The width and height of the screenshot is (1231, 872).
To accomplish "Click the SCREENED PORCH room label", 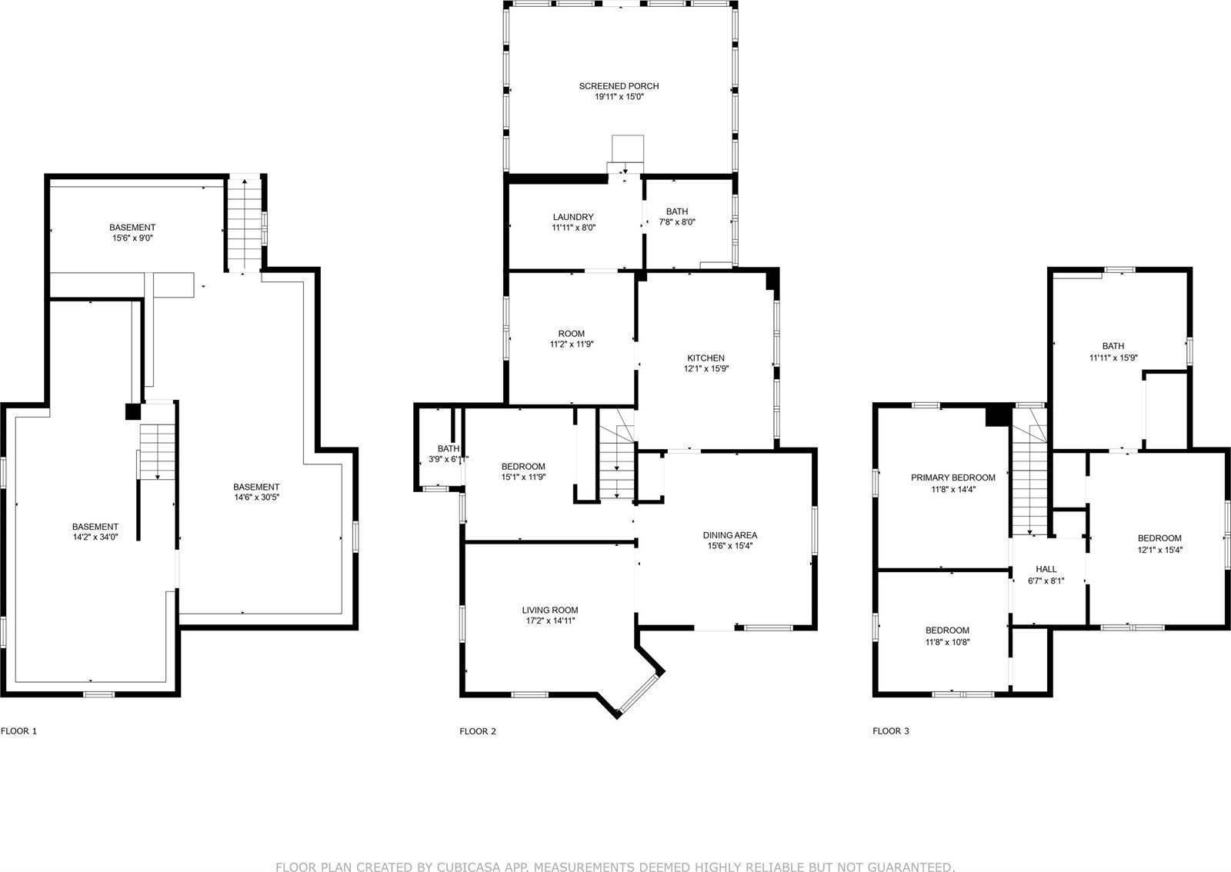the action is tap(619, 86).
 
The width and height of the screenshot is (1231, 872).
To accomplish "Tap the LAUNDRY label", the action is tap(573, 217).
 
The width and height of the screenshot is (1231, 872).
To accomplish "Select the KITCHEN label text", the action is tap(706, 358).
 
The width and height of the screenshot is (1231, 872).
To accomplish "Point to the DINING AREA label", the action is tap(730, 535).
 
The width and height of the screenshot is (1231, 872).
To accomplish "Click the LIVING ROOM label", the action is tap(550, 610).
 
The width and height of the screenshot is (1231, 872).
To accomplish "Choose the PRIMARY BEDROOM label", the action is tap(953, 478).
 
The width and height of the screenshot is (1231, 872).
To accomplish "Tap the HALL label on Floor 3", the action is tap(1046, 570).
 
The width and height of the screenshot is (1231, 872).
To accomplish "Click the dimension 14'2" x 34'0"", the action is tap(95, 537).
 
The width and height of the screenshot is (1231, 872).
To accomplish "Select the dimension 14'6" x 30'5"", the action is tap(257, 498).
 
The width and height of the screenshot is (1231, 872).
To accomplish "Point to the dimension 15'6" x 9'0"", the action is tap(132, 238).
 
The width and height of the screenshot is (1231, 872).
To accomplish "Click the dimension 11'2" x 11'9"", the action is tap(572, 344).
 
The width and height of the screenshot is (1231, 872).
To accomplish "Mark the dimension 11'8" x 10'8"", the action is tap(947, 641).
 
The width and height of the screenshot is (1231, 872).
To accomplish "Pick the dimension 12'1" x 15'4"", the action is tap(1159, 549).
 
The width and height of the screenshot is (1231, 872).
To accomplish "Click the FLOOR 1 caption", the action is tap(18, 731).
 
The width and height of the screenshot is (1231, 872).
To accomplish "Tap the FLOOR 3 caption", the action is tap(891, 731).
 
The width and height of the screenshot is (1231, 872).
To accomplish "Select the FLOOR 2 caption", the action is tap(478, 731).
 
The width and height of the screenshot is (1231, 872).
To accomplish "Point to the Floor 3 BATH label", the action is tap(1113, 346).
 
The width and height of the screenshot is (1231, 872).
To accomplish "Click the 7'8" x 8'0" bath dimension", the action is tap(677, 222).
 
